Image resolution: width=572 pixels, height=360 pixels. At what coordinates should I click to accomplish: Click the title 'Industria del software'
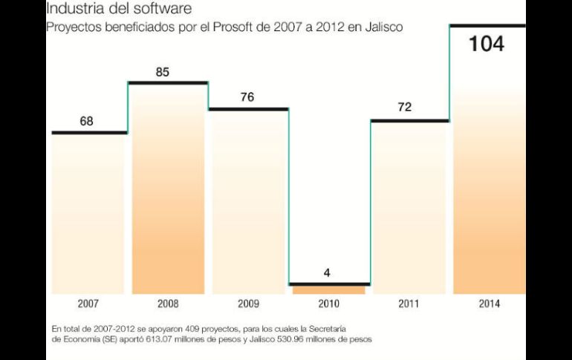coord(119,10)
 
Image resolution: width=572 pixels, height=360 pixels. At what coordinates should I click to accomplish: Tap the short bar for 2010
coord(328,289)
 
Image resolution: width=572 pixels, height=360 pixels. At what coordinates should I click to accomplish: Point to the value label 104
coord(487,44)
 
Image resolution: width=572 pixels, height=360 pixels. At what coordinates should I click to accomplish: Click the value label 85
coord(163,72)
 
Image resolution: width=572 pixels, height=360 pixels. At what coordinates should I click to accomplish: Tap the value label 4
coord(327,272)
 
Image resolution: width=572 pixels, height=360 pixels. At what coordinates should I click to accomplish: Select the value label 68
coord(87,121)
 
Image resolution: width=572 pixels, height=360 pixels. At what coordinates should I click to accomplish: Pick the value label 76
coord(247,97)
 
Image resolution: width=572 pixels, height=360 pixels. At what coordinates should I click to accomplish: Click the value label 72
coord(404,108)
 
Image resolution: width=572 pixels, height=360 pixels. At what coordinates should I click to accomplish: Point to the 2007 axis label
coord(88,304)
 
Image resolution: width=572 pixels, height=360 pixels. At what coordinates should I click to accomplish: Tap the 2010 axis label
coord(328,304)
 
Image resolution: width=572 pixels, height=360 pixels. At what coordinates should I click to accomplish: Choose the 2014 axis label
coord(489,304)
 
